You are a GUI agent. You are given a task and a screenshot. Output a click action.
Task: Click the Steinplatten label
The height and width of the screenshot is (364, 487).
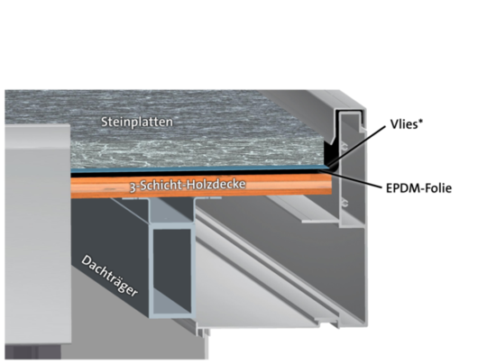point(137,122)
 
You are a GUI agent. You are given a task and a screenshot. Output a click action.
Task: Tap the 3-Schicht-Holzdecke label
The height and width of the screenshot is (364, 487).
point(188,185)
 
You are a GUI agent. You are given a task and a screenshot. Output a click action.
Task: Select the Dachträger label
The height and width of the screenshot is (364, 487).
point(109,276)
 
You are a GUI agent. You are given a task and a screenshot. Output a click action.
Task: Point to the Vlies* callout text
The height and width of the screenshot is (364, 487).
point(407,124)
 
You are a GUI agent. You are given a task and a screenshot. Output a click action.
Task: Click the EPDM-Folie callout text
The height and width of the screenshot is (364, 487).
point(418,188)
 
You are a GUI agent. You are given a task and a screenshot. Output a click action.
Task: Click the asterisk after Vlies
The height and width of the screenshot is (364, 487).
point(420,121)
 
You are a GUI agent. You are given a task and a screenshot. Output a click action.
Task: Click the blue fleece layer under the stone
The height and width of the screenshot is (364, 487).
point(198,168)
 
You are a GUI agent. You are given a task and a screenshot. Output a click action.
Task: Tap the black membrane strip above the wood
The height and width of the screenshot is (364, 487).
point(198,174)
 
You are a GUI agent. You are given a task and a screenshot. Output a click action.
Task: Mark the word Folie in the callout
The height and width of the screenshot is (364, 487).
point(438,188)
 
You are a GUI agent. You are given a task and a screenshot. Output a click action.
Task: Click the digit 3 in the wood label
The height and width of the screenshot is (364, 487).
point(133,187)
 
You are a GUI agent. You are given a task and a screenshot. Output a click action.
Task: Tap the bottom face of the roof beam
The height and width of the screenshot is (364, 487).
point(171,315)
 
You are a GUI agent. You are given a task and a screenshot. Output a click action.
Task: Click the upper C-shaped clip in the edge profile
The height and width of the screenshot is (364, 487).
point(345,147)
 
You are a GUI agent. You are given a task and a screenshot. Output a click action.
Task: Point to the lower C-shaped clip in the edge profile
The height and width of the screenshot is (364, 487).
point(345,204)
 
